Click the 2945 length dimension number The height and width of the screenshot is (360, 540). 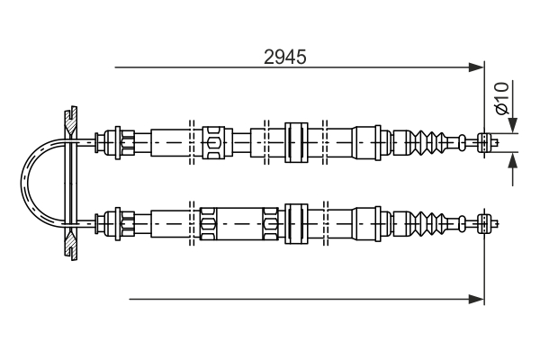tap(284, 58)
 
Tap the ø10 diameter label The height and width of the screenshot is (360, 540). tap(501, 98)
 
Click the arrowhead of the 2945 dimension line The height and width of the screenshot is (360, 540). tap(477, 67)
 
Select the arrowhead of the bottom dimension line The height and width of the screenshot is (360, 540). tap(477, 299)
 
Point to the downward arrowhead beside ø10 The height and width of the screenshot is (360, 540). tap(513, 125)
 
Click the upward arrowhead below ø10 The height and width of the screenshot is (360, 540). tap(513, 160)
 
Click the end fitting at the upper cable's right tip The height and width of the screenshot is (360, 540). tap(487, 142)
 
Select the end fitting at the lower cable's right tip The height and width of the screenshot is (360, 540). tap(487, 224)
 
